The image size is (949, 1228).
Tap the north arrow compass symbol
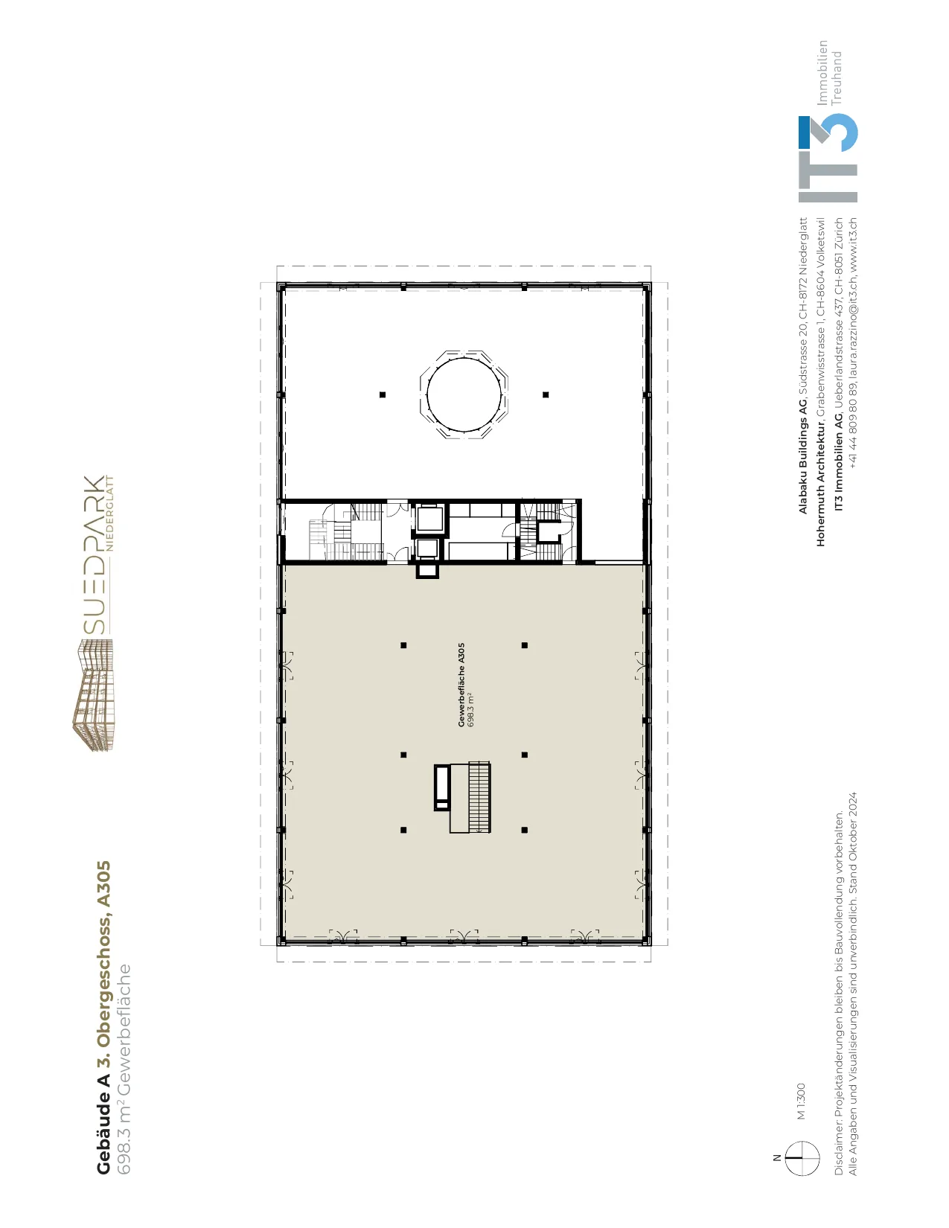point(802,1158)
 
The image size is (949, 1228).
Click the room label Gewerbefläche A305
point(461,685)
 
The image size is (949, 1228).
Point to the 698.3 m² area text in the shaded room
point(471,710)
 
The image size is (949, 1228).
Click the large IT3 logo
point(828,159)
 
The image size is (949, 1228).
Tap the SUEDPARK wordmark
point(94,554)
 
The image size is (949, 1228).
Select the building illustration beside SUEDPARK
point(93,694)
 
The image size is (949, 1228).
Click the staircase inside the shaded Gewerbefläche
point(478,797)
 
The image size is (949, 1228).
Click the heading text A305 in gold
point(103,889)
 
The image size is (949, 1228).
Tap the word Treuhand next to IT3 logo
point(837,78)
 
